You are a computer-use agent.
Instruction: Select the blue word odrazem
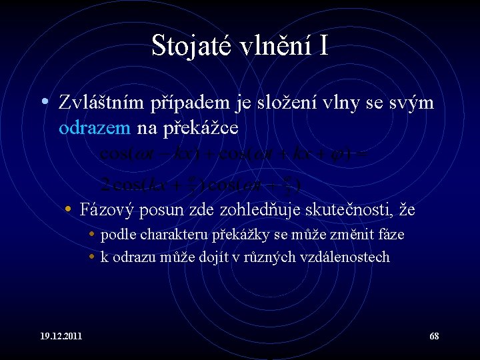click(95, 127)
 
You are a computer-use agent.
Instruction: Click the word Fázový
click(107, 211)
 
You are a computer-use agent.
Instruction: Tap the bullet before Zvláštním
click(43, 103)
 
